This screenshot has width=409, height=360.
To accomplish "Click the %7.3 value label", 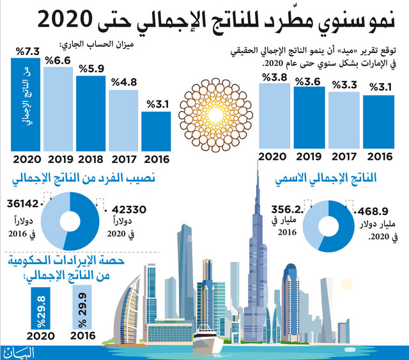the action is pyautogui.click(x=27, y=51).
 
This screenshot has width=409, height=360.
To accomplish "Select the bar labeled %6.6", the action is pyautogui.click(x=58, y=109).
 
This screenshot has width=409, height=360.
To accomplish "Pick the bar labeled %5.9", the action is pyautogui.click(x=91, y=113).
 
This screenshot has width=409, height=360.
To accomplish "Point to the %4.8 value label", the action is pyautogui.click(x=124, y=82).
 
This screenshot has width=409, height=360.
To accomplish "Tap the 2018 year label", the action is pyautogui.click(x=91, y=159).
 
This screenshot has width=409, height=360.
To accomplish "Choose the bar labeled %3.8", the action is pyautogui.click(x=274, y=116).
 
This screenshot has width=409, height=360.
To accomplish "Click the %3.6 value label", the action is pyautogui.click(x=308, y=82).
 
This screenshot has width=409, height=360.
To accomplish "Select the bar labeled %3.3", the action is pyautogui.click(x=344, y=120).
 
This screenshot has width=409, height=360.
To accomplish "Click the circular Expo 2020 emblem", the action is pyautogui.click(x=216, y=115).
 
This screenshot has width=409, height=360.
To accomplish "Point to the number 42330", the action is pyautogui.click(x=129, y=209).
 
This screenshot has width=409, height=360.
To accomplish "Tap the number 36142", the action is pyautogui.click(x=23, y=203).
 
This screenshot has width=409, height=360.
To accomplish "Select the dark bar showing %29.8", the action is pyautogui.click(x=40, y=308).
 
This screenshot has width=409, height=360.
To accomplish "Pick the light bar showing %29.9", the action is pyautogui.click(x=82, y=307).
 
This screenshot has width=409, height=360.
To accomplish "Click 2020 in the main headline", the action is pyautogui.click(x=65, y=20).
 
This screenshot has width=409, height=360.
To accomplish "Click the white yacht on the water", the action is pyautogui.click(x=208, y=340).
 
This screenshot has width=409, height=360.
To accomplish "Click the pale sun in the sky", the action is pyautogui.click(x=346, y=285).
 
